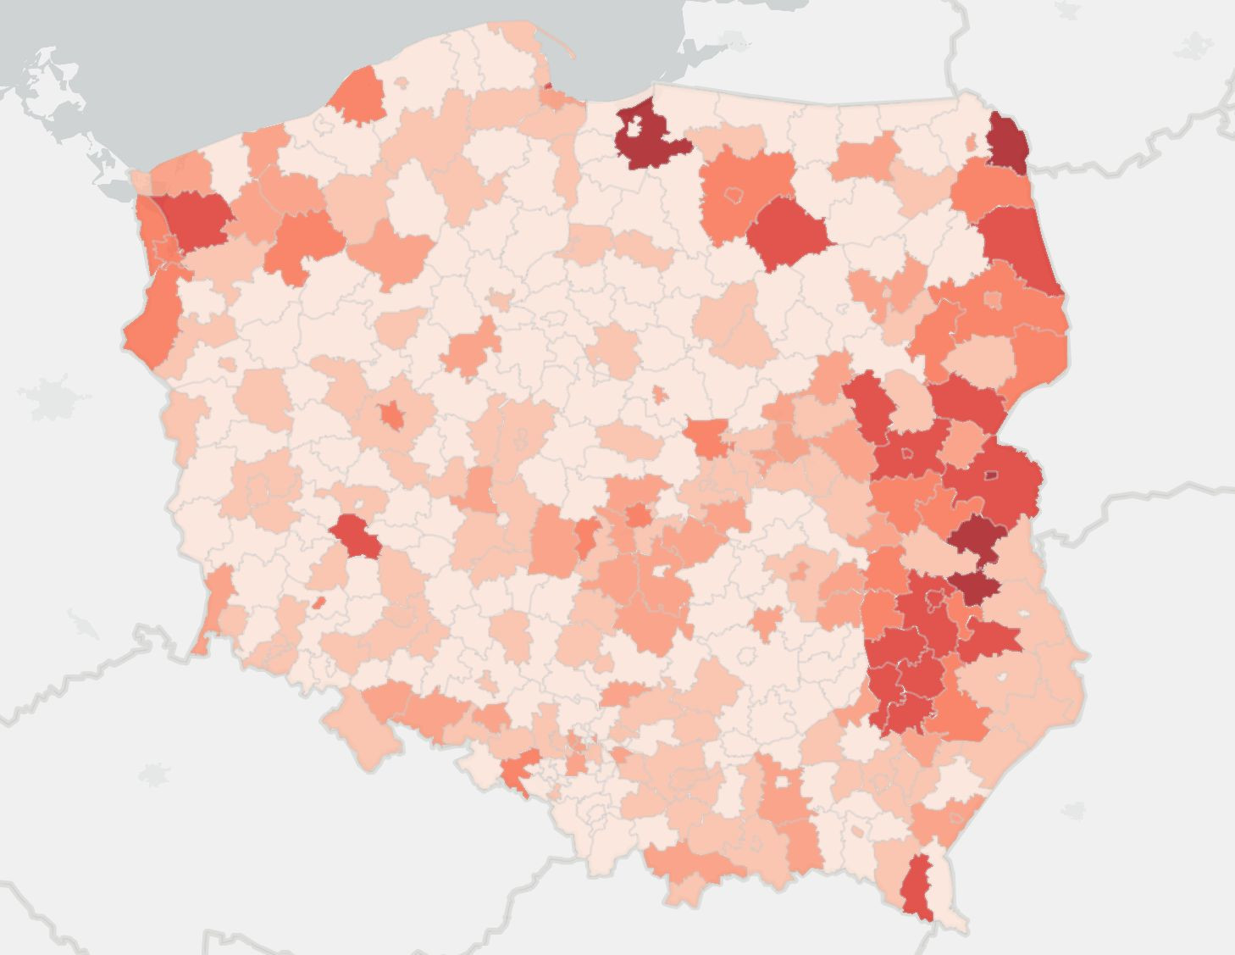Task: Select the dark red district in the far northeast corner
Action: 1008,140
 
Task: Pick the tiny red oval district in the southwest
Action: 318,603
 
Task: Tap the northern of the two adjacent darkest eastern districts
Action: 977,537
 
